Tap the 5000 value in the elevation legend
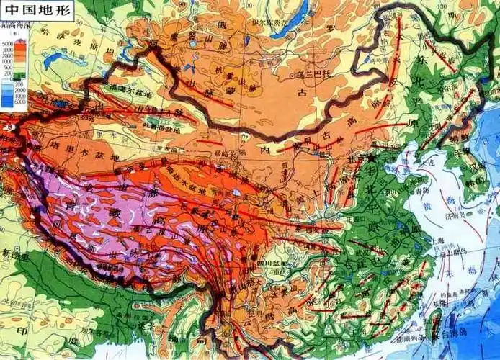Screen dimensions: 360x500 coord(8,43)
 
